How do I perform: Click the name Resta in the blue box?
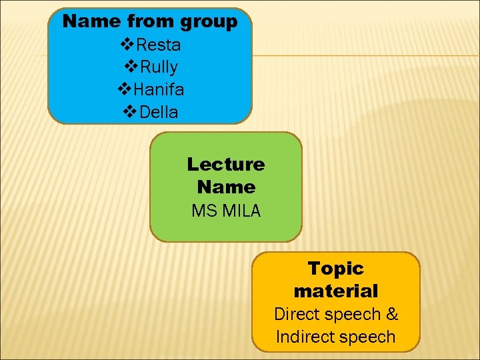(158, 45)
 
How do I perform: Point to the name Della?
(157, 112)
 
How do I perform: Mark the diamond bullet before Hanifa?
(124, 89)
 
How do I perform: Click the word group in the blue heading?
(207, 22)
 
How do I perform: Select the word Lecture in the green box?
(225, 164)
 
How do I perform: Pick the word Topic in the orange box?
(335, 269)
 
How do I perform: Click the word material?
(335, 291)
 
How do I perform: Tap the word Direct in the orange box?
(298, 314)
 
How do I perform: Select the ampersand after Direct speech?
(391, 314)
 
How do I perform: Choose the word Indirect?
(305, 337)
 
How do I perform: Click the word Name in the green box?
(225, 187)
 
